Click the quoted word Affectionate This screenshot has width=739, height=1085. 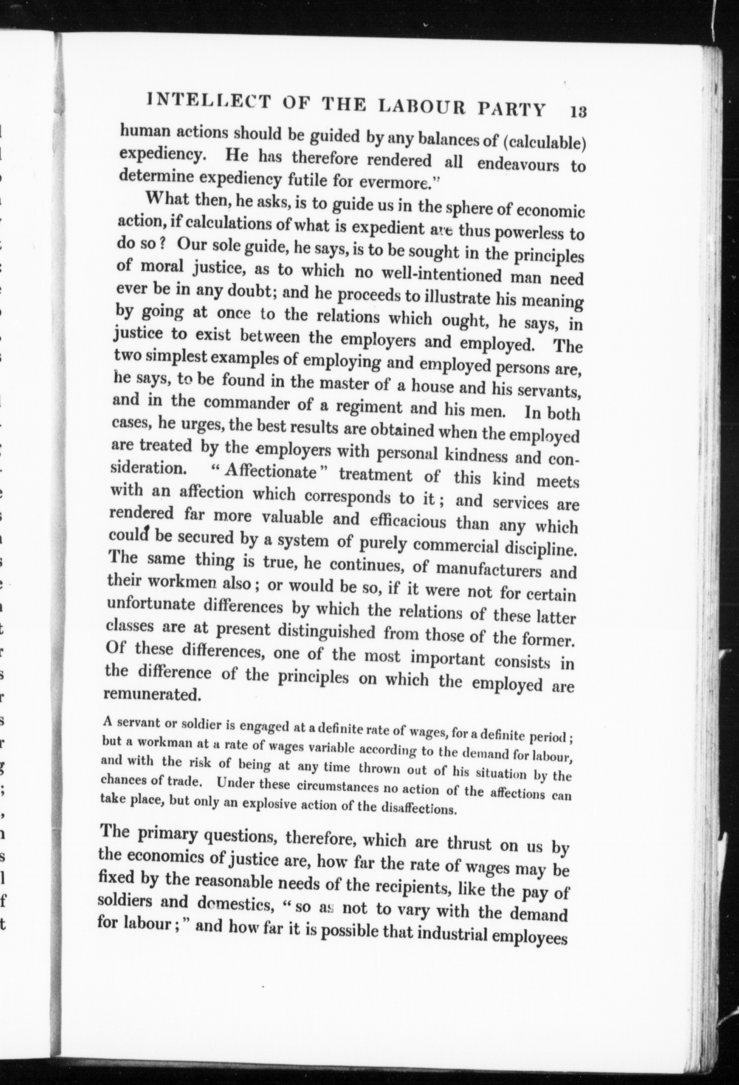click(x=270, y=472)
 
